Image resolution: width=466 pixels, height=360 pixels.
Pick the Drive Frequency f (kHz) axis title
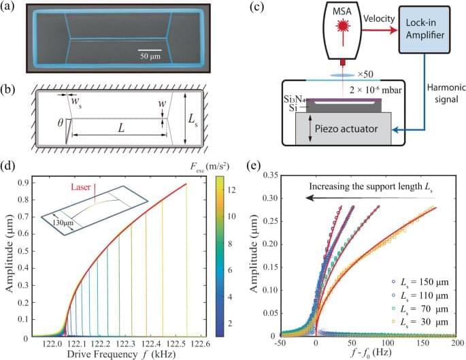[116, 355]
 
